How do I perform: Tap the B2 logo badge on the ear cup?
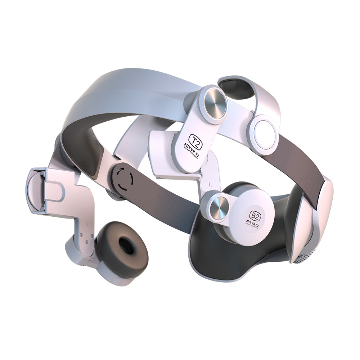pos(255,216)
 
